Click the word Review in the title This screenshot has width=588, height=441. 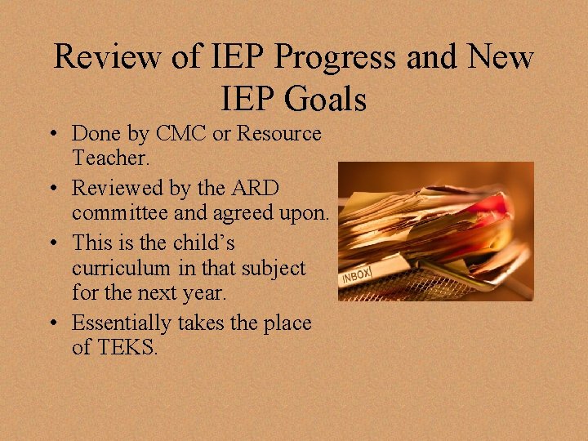point(106,58)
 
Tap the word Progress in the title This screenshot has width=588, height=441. point(330,58)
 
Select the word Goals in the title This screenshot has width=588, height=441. point(326,100)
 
